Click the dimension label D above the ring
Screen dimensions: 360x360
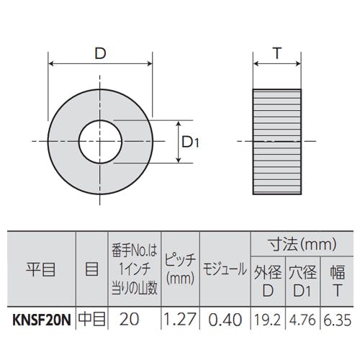[x=100, y=53]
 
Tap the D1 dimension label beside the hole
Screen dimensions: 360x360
[x=190, y=142]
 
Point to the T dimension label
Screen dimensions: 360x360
[x=277, y=53]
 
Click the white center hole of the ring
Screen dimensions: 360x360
[x=100, y=142]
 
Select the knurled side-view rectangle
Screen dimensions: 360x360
[x=277, y=142]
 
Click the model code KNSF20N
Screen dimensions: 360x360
[x=42, y=320]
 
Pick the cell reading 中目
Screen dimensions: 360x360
[x=92, y=320]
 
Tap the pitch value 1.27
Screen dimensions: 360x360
[x=180, y=320]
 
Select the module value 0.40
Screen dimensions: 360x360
[x=225, y=320]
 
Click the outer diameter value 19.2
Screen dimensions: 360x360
[x=268, y=320]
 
